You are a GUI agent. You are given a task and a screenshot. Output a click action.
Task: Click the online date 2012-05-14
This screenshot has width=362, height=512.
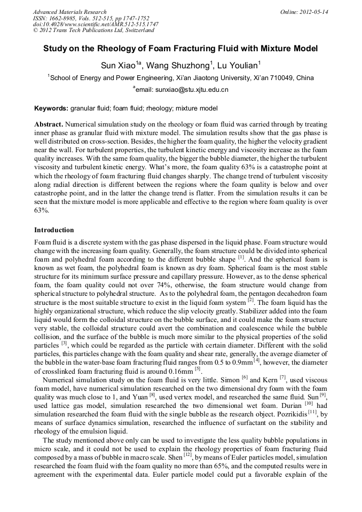click(313, 11)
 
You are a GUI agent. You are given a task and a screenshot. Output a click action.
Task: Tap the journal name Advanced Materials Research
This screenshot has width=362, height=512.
click(69, 11)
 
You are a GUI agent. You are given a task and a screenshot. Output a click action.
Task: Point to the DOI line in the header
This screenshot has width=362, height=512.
click(96, 24)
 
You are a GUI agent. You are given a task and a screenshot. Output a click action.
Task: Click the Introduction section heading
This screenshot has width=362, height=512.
click(54, 230)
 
